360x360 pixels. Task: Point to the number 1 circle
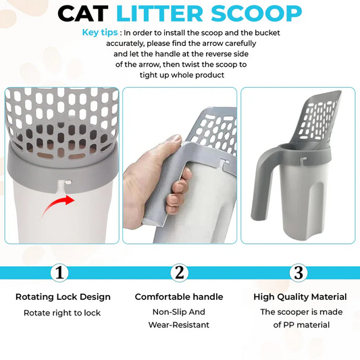click(61, 272)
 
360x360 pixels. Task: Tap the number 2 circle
click(179, 272)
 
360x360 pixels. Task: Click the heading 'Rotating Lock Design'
click(63, 297)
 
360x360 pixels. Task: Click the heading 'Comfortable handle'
click(179, 297)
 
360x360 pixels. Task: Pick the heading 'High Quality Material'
click(300, 297)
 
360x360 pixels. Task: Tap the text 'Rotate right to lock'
click(63, 313)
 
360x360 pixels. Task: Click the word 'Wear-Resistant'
click(179, 325)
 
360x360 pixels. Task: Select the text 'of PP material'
click(301, 325)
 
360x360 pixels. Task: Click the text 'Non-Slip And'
click(179, 312)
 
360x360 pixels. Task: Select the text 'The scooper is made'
click(301, 312)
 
